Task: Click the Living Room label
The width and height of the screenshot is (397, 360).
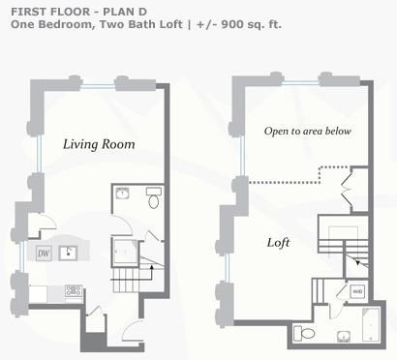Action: tap(99, 144)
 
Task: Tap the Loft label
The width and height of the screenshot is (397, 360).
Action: tap(278, 243)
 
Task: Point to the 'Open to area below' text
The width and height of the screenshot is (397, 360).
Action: tap(308, 131)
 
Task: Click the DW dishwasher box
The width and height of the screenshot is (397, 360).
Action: tap(44, 254)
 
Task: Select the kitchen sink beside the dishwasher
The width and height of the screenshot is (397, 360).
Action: tap(68, 254)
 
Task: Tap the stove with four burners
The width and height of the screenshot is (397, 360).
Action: tap(74, 290)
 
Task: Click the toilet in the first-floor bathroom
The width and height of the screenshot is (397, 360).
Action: tap(154, 197)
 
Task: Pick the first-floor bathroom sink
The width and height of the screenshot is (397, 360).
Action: tap(123, 193)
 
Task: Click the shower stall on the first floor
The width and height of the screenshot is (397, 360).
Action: tap(125, 253)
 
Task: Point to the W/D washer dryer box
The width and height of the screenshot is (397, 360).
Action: tap(357, 291)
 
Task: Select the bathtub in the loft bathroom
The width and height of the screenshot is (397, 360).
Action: tap(371, 324)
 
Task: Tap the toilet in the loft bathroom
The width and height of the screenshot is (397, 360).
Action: tap(304, 333)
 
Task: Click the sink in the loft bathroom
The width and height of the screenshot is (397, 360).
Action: tap(344, 337)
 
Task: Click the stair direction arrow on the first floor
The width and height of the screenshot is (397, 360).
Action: tap(152, 274)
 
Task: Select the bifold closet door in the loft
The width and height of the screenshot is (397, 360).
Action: tap(346, 190)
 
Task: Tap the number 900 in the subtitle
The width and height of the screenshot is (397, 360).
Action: tap(231, 24)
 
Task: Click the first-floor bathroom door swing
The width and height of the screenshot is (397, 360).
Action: tap(123, 225)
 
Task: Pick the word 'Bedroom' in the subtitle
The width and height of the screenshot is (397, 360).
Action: tap(66, 24)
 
